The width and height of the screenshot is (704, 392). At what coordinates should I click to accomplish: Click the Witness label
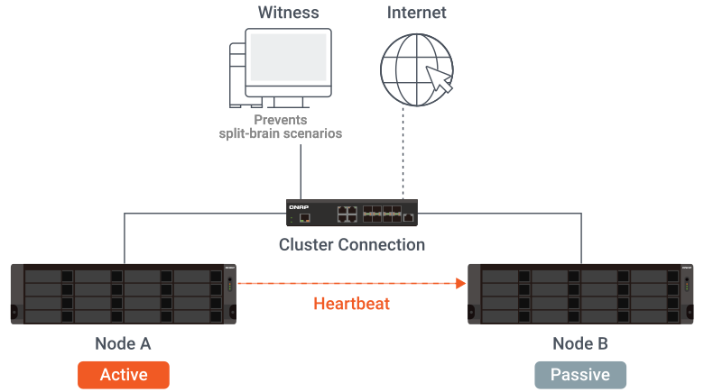point(288,13)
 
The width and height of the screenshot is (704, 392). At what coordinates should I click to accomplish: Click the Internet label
point(417,13)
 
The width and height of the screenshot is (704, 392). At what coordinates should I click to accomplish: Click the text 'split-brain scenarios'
point(280,133)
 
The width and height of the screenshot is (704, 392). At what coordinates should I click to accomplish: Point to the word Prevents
point(280,120)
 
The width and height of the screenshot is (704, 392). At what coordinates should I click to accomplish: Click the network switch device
point(352,212)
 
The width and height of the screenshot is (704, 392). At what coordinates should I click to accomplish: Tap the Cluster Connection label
point(352,244)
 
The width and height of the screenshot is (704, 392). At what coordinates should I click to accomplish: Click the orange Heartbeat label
point(351,304)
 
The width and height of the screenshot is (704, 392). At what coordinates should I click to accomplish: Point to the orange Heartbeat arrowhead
point(462,284)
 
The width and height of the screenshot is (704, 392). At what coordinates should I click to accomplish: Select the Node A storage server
point(124,294)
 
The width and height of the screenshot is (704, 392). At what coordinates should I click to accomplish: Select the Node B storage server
point(580,294)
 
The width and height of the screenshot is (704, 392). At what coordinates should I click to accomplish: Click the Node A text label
point(123,343)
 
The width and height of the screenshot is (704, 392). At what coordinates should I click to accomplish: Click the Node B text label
point(580,343)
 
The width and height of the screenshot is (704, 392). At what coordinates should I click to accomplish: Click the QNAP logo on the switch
point(299,206)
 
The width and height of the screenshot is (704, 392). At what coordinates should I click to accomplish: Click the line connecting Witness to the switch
point(301,171)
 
